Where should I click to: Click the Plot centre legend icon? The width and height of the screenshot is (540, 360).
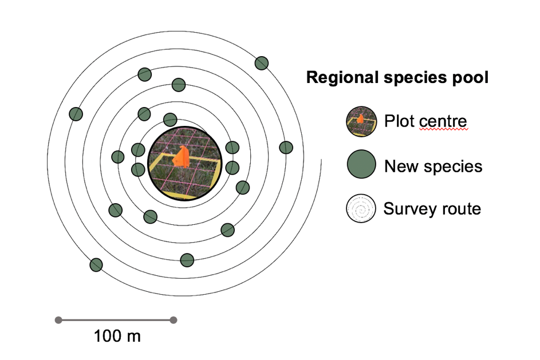[361, 121]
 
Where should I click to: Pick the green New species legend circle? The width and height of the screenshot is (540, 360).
[361, 164]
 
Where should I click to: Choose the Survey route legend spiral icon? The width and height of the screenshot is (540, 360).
[361, 208]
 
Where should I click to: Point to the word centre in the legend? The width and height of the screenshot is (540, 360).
[443, 121]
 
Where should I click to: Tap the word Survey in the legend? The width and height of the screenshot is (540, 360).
[410, 209]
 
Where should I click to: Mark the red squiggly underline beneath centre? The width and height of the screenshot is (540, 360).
[444, 130]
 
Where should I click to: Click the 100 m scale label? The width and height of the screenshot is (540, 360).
[117, 336]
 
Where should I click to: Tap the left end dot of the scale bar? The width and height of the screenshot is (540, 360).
[58, 320]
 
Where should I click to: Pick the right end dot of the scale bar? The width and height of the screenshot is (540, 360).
[174, 320]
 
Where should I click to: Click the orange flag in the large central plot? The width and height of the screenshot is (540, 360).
[182, 157]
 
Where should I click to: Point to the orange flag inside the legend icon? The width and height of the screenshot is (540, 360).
[360, 118]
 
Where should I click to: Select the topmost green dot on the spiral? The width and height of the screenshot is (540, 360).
[262, 64]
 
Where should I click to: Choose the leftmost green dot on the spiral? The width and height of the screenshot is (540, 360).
[76, 114]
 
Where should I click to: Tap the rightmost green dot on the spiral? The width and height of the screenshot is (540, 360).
[286, 148]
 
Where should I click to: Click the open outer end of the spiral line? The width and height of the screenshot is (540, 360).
[321, 160]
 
